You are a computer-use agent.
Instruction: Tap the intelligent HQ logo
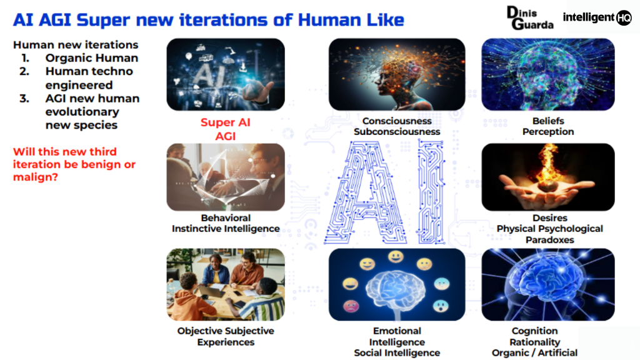tap(597, 17)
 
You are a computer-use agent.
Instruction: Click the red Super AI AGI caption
tap(225, 129)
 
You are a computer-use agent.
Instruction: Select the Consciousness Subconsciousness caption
tap(397, 126)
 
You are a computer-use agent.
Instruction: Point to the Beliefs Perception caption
tap(548, 126)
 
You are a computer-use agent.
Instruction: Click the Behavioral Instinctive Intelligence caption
tap(226, 223)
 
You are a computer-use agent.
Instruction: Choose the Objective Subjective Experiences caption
tap(226, 336)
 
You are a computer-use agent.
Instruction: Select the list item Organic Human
tap(91, 58)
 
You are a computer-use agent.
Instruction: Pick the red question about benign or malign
tap(74, 164)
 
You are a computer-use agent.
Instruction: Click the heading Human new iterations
tap(76, 45)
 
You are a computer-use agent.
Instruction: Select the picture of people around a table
tap(226, 284)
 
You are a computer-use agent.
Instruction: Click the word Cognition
tap(534, 331)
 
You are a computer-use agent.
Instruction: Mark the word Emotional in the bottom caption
tap(397, 331)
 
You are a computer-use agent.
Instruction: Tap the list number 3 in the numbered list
tap(25, 98)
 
